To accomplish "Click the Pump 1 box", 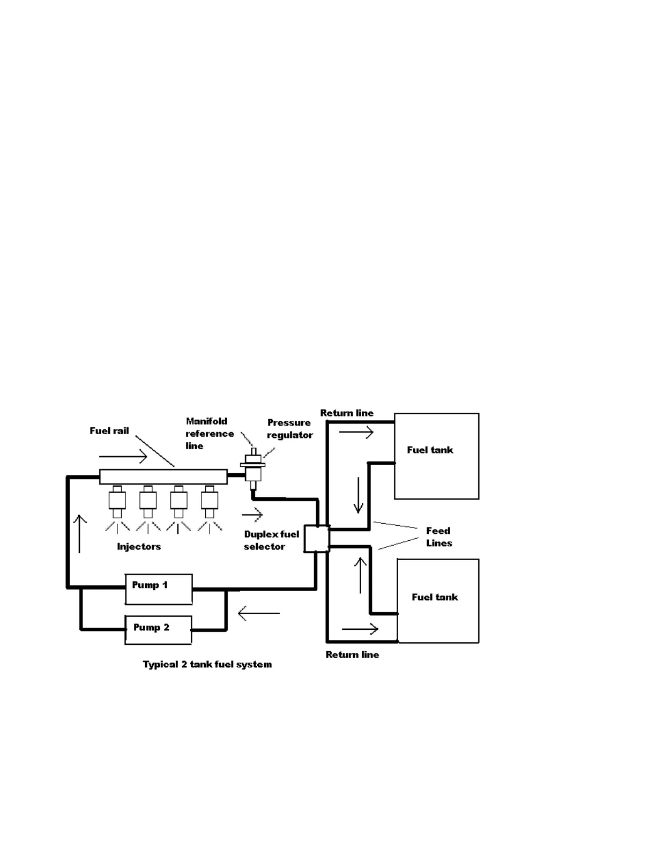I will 159,589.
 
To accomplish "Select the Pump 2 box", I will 158,630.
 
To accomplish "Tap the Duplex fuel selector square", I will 316,538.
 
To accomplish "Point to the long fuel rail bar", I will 163,476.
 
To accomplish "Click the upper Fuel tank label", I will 430,450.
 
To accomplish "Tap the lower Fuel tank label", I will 435,597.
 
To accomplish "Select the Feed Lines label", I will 439,537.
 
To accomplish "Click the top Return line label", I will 347,413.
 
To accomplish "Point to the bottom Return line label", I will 352,655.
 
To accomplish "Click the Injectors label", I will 139,547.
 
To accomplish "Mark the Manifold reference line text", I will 209,434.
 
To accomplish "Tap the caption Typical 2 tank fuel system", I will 207,665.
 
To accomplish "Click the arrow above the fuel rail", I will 123,457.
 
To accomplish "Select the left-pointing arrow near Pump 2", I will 258,613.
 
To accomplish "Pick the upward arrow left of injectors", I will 80,533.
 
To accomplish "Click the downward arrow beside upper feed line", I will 359,494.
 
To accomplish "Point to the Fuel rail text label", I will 109,431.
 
